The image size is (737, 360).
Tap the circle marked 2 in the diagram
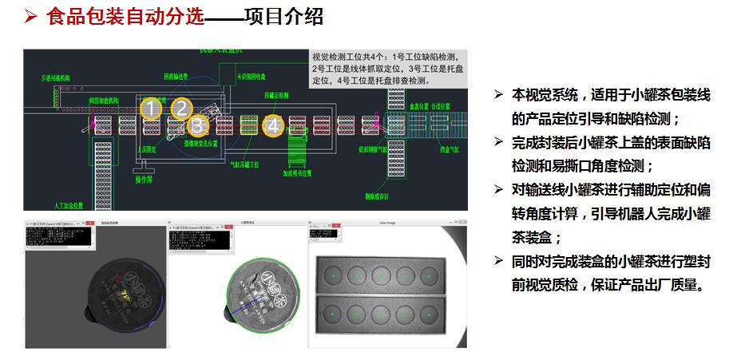point(182,108)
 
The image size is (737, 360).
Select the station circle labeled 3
point(199,125)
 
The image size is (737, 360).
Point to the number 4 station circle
point(274,125)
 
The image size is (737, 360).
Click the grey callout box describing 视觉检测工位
point(387,68)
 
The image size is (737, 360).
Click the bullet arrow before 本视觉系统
point(499,96)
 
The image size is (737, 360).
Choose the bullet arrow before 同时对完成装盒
point(499,261)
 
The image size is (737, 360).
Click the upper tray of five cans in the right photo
point(378,275)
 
